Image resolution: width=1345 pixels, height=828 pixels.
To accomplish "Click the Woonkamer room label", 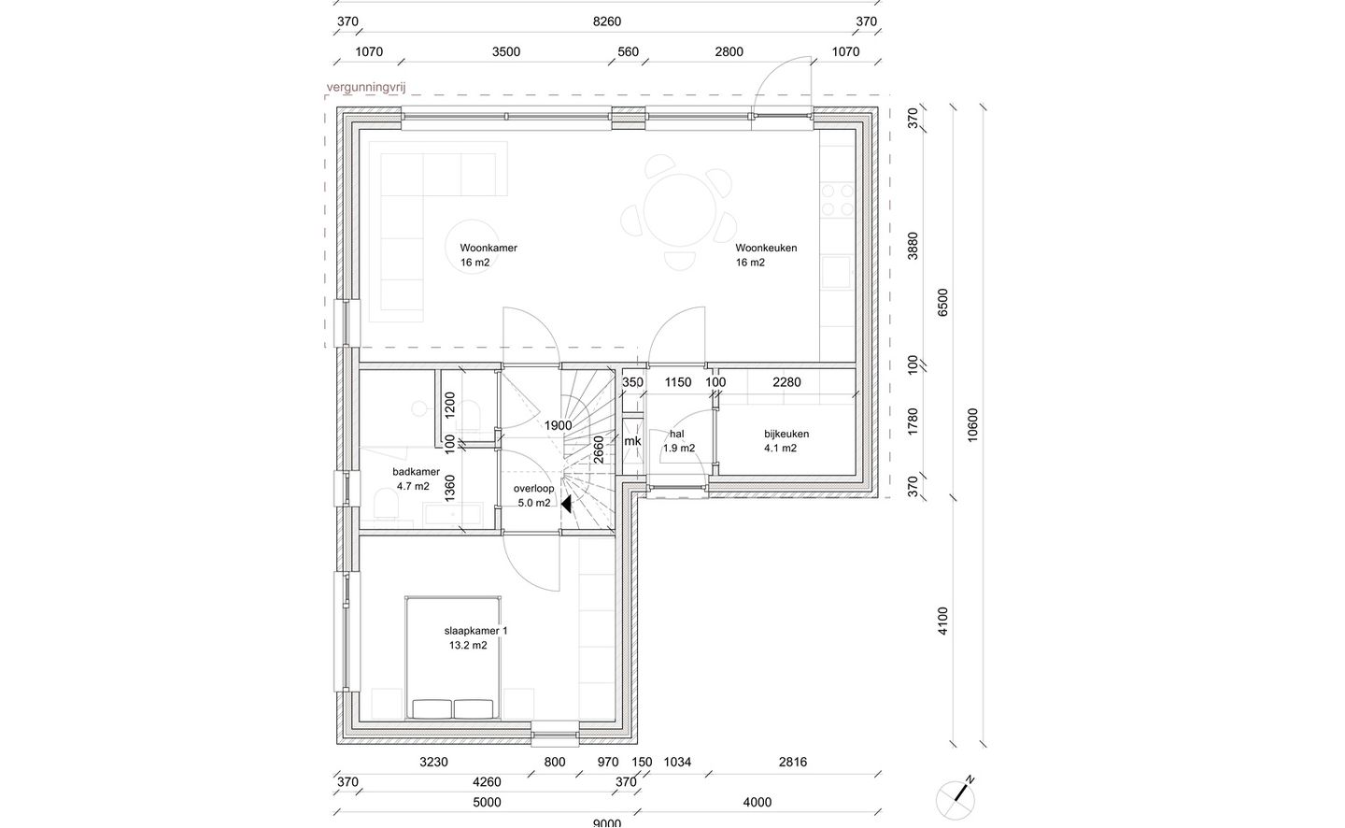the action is point(488,248).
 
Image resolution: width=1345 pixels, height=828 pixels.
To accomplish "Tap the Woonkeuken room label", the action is point(766,248).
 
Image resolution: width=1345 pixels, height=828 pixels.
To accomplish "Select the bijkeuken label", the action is point(786,434).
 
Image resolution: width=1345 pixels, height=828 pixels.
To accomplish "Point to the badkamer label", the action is point(417,472).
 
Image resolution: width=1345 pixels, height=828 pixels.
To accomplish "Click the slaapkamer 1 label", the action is point(476,631).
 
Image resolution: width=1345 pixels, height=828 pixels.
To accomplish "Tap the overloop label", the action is point(534,489).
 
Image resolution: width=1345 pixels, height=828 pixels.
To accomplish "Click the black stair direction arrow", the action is point(566,505).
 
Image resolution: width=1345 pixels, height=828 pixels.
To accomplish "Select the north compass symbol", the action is point(956,799).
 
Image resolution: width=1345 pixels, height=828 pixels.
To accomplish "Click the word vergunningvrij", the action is point(366,88).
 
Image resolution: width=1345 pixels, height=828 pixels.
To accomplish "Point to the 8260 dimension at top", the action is point(607,21).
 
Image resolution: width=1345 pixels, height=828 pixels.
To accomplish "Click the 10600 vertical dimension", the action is point(973,425).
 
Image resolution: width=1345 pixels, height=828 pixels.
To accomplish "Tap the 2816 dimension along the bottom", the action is point(793,762).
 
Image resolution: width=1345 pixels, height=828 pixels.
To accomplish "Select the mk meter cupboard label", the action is point(632,441).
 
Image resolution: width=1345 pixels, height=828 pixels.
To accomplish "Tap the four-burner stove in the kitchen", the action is point(838,200).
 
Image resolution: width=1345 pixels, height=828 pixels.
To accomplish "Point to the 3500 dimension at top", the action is point(506,51).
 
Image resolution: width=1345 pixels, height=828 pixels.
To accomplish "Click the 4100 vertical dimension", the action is point(942,621).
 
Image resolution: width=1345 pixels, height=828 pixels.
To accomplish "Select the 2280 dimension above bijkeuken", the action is point(786,382).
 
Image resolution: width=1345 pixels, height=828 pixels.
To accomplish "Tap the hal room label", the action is point(676,434).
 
